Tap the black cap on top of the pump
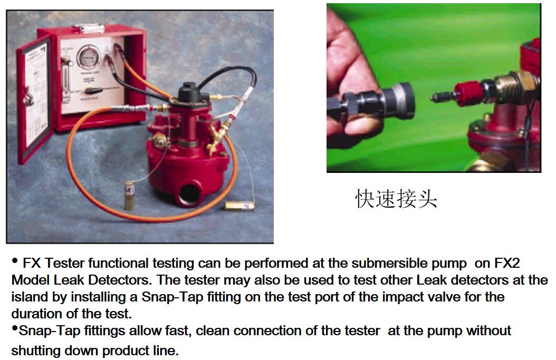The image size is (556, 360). click(x=188, y=92)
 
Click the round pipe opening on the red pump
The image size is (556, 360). click(x=191, y=193)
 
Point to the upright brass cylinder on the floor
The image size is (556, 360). click(x=129, y=195)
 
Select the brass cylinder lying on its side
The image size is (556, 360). click(x=239, y=206)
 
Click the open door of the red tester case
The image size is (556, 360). click(x=34, y=100)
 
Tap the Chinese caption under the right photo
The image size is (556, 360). click(x=396, y=198)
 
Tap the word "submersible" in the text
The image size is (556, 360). click(x=389, y=263)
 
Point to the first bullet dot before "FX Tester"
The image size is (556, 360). click(x=15, y=261)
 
